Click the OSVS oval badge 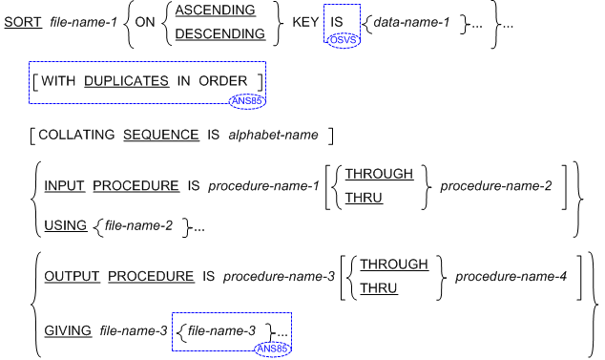coord(343,40)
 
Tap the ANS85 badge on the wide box coord(247,101)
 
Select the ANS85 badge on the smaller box coord(272,349)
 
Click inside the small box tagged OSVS coord(342,19)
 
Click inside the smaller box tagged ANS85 coord(224,330)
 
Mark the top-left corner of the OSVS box coord(324,5)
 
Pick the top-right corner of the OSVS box coord(360,5)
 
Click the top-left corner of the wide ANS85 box coord(30,62)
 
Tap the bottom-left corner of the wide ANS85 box coord(30,103)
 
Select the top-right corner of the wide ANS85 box coord(265,62)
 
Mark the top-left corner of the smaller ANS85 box coord(173,313)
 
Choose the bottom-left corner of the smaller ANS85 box coord(173,350)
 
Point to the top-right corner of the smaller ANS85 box coord(291,313)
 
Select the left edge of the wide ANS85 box coord(30,83)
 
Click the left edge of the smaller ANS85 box coord(173,331)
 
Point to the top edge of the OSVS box coord(342,5)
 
